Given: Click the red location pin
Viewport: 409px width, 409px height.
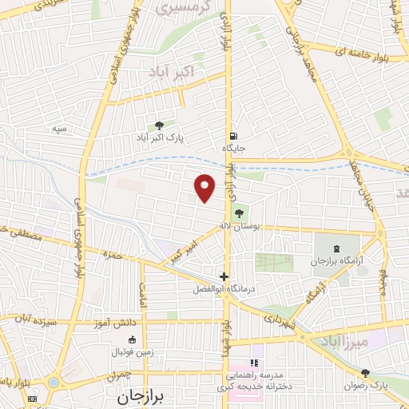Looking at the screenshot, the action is coord(205,187).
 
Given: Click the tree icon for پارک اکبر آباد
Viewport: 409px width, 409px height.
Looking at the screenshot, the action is coord(159,125).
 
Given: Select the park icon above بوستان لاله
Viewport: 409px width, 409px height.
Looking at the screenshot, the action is coord(240,212).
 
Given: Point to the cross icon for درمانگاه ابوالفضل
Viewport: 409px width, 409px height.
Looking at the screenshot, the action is coord(224,276).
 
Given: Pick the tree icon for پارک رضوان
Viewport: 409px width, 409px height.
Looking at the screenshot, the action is coord(365,373).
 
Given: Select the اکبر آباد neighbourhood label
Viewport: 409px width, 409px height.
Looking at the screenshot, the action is coord(172,73).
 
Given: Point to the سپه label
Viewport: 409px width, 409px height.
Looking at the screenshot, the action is coord(58,129).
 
